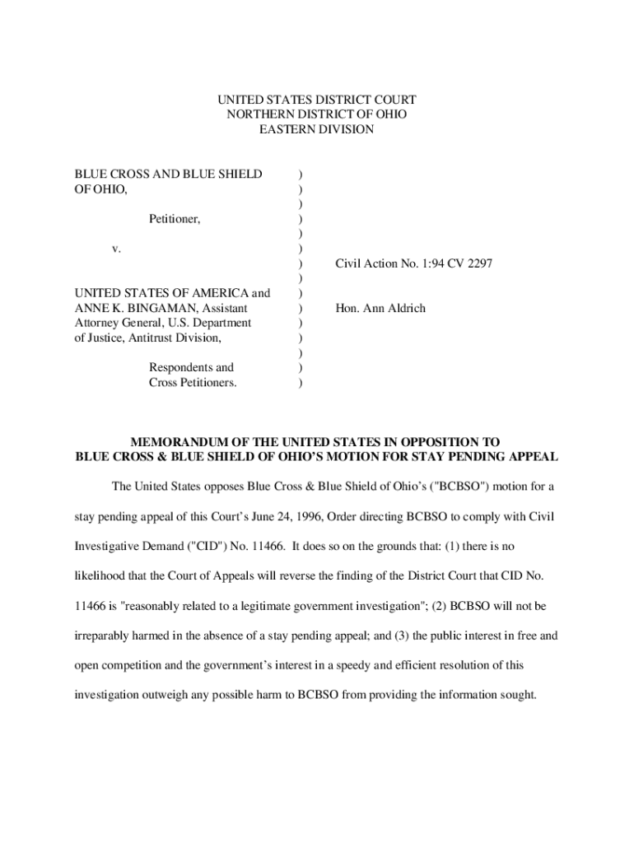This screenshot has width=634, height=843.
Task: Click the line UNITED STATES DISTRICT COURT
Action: (317, 100)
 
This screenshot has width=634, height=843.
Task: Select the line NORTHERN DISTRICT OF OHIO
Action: (317, 114)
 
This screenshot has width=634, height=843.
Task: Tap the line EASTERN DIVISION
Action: (317, 129)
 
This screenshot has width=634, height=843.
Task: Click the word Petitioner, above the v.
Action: (175, 219)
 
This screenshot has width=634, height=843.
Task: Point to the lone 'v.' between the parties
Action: (116, 249)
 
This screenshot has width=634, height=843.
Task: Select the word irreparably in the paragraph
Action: (106, 635)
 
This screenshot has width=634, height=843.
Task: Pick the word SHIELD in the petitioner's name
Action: (235, 174)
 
